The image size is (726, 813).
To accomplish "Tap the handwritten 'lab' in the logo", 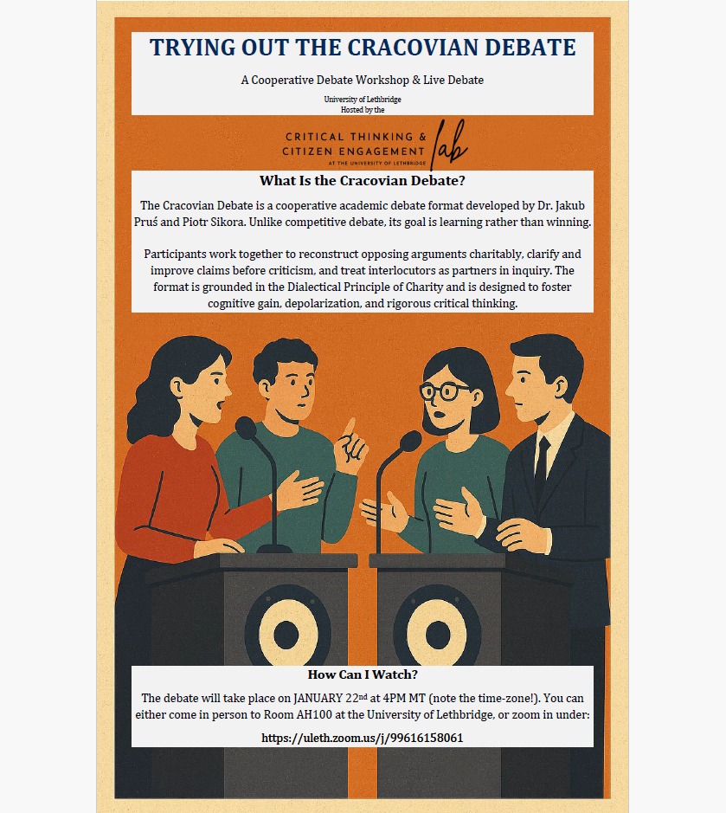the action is pyautogui.click(x=449, y=144).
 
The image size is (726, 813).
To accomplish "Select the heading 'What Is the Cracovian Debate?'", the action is pyautogui.click(x=363, y=181).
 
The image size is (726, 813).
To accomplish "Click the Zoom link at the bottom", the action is pyautogui.click(x=363, y=738).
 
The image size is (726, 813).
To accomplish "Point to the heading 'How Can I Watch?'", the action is pyautogui.click(x=363, y=674).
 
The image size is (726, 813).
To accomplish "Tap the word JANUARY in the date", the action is pyautogui.click(x=318, y=699).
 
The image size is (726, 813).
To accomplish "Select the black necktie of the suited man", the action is pyautogui.click(x=541, y=465).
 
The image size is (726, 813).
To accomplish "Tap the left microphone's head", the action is pyautogui.click(x=246, y=427).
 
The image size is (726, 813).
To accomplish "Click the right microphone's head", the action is pyautogui.click(x=410, y=442).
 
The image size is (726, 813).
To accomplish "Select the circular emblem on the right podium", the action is pyautogui.click(x=437, y=628).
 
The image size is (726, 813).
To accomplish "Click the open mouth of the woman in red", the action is pyautogui.click(x=221, y=404).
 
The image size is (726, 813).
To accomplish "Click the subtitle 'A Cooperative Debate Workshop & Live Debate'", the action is pyautogui.click(x=363, y=81).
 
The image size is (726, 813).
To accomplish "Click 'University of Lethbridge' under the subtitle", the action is pyautogui.click(x=363, y=100).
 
